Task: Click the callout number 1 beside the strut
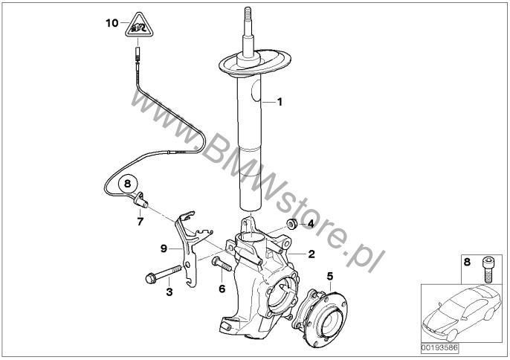(x=280, y=102)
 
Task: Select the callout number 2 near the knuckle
(x=312, y=254)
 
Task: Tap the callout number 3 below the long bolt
(x=170, y=292)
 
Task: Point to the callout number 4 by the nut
(x=311, y=223)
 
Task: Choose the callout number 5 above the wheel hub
(x=329, y=276)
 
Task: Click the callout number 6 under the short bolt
(x=222, y=288)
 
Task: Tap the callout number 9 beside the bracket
(x=163, y=248)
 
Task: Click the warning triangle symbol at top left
(x=137, y=28)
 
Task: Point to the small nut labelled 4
(x=293, y=224)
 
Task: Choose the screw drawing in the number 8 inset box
(x=487, y=269)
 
